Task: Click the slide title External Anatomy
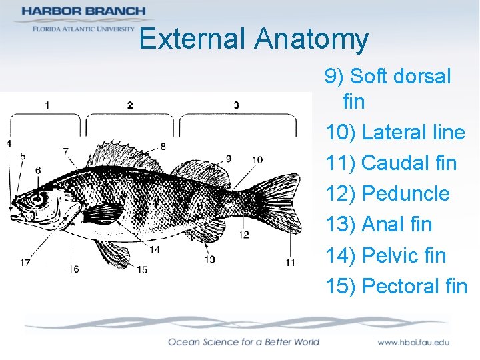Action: click(x=253, y=39)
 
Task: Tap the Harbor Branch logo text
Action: click(x=83, y=11)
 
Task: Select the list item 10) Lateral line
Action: click(x=395, y=133)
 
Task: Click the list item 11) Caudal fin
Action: click(x=391, y=163)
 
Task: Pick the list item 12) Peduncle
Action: click(x=387, y=194)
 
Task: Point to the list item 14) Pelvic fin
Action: click(x=385, y=255)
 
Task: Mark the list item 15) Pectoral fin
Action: click(x=396, y=286)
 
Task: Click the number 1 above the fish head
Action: click(x=46, y=104)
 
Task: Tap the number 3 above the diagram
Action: click(x=236, y=105)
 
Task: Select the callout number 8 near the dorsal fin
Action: click(x=163, y=146)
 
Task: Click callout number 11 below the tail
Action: click(x=290, y=262)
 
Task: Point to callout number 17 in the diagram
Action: click(x=25, y=263)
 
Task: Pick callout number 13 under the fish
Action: click(x=209, y=259)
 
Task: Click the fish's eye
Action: click(x=37, y=199)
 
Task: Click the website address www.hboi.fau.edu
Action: click(x=413, y=342)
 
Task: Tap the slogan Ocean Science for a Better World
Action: click(x=243, y=342)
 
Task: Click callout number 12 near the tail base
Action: click(x=244, y=235)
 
